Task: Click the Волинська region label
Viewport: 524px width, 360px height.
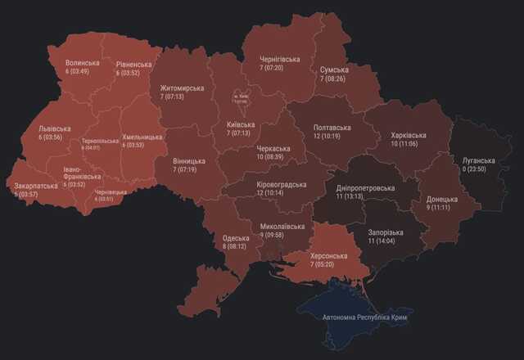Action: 83,63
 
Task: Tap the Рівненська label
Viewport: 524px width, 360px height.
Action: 134,65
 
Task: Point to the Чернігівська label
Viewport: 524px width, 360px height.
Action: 279,59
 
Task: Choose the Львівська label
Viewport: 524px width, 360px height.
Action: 55,128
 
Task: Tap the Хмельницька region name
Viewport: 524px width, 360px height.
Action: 144,137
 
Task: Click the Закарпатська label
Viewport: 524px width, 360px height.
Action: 36,186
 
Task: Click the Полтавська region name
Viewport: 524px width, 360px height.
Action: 332,128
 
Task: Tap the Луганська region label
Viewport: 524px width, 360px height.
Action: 479,160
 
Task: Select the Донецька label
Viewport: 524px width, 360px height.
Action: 442,199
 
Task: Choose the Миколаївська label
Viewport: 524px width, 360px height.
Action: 282,227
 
